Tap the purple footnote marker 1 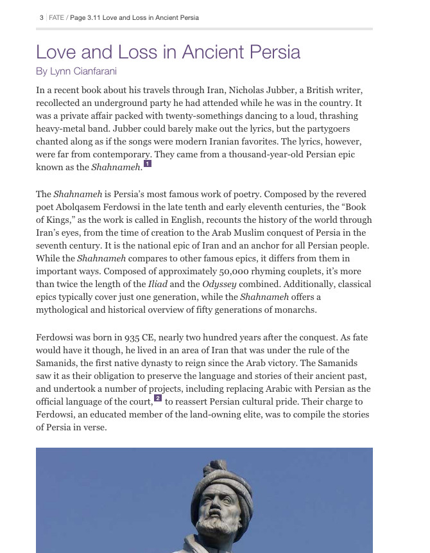point(148,164)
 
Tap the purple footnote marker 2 point(158,398)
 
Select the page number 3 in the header point(42,17)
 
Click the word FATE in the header point(56,17)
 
